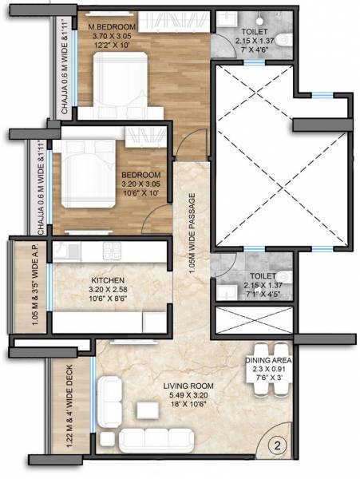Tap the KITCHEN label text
click(x=108, y=280)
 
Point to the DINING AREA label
click(x=267, y=361)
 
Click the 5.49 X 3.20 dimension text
click(x=185, y=395)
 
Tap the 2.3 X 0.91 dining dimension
click(x=267, y=370)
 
